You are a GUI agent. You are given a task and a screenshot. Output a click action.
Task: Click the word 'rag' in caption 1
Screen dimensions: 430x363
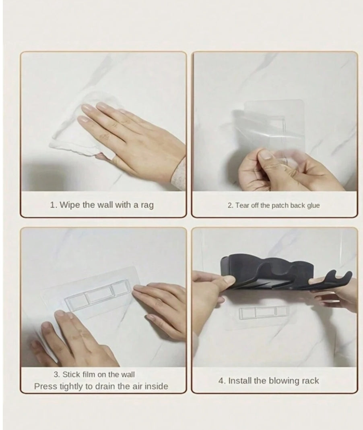146,205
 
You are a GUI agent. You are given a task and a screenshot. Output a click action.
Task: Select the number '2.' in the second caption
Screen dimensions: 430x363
230,206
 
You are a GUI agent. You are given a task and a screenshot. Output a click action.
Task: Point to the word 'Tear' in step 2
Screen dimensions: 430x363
242,206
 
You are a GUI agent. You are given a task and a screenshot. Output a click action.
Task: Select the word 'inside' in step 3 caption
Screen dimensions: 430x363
156,386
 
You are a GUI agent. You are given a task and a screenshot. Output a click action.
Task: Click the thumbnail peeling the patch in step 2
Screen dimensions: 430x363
266,155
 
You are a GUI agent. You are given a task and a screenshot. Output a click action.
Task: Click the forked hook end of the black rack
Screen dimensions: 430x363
340,278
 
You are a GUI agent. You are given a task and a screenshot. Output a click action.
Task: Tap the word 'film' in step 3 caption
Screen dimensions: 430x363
89,374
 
